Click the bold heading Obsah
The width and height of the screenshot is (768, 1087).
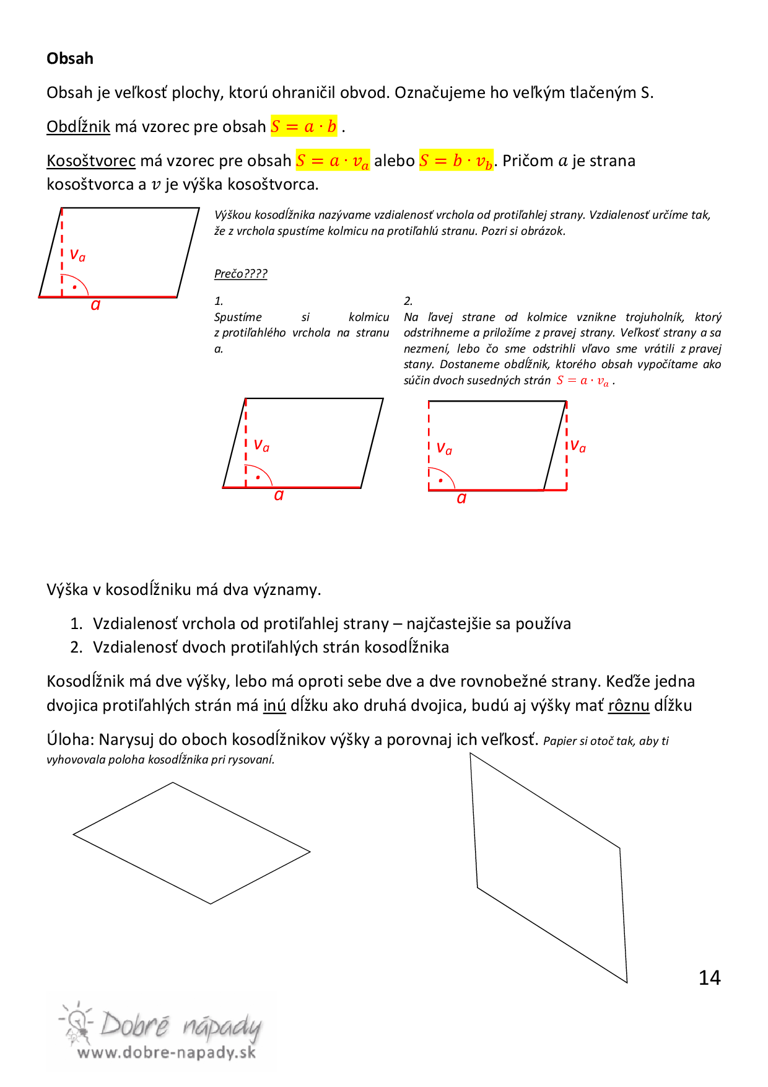pyautogui.click(x=70, y=59)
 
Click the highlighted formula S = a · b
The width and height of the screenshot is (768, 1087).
pyautogui.click(x=303, y=126)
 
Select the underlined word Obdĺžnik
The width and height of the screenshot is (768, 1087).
pyautogui.click(x=78, y=126)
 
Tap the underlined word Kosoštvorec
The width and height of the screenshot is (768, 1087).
pyautogui.click(x=91, y=161)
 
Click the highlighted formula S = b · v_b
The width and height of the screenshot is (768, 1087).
pyautogui.click(x=456, y=161)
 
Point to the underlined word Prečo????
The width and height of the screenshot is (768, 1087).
pyautogui.click(x=240, y=274)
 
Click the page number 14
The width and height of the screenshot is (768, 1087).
pyautogui.click(x=709, y=978)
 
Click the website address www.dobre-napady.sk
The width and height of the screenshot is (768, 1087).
pyautogui.click(x=166, y=1052)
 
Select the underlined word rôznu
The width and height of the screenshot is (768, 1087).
pyautogui.click(x=629, y=706)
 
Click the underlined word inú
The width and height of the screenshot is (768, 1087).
pyautogui.click(x=274, y=706)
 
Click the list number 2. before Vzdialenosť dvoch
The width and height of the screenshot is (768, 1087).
pyautogui.click(x=76, y=648)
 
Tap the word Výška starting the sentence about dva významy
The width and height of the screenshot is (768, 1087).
pyautogui.click(x=67, y=589)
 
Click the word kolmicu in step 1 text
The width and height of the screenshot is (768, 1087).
pyautogui.click(x=369, y=317)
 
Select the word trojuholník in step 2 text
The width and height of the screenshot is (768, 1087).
pyautogui.click(x=655, y=317)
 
